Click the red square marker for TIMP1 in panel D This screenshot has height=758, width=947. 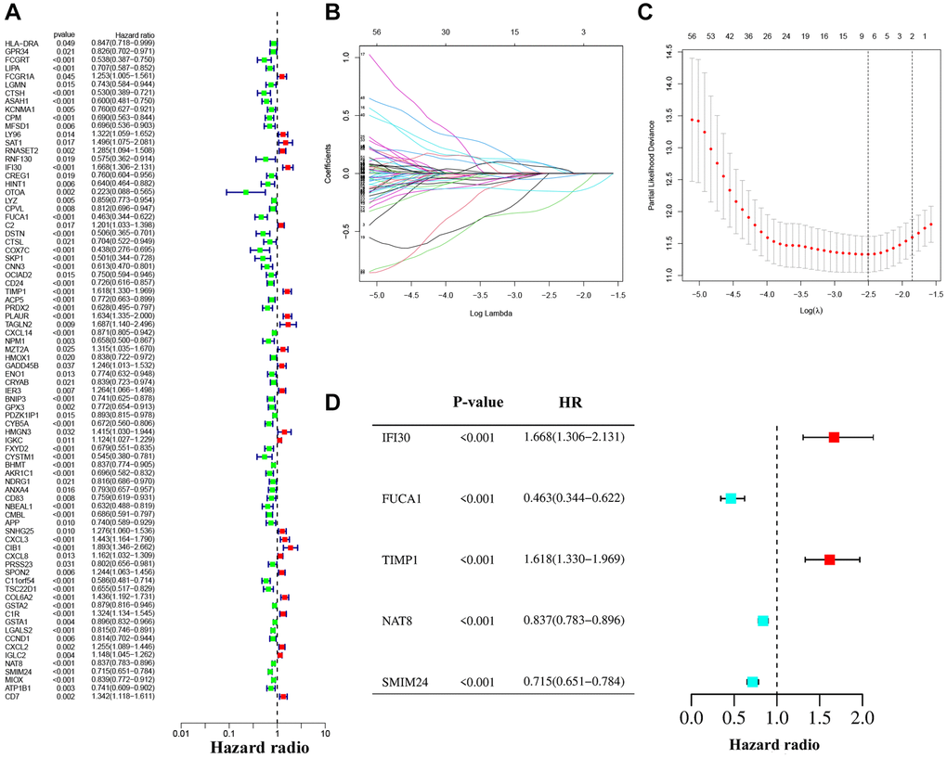click(829, 559)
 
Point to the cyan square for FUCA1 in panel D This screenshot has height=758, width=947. click(732, 498)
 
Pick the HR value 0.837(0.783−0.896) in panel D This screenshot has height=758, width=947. click(566, 621)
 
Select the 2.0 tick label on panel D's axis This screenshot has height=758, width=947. click(863, 718)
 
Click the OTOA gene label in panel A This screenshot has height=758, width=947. click(14, 192)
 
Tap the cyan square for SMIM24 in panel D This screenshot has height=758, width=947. click(752, 682)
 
